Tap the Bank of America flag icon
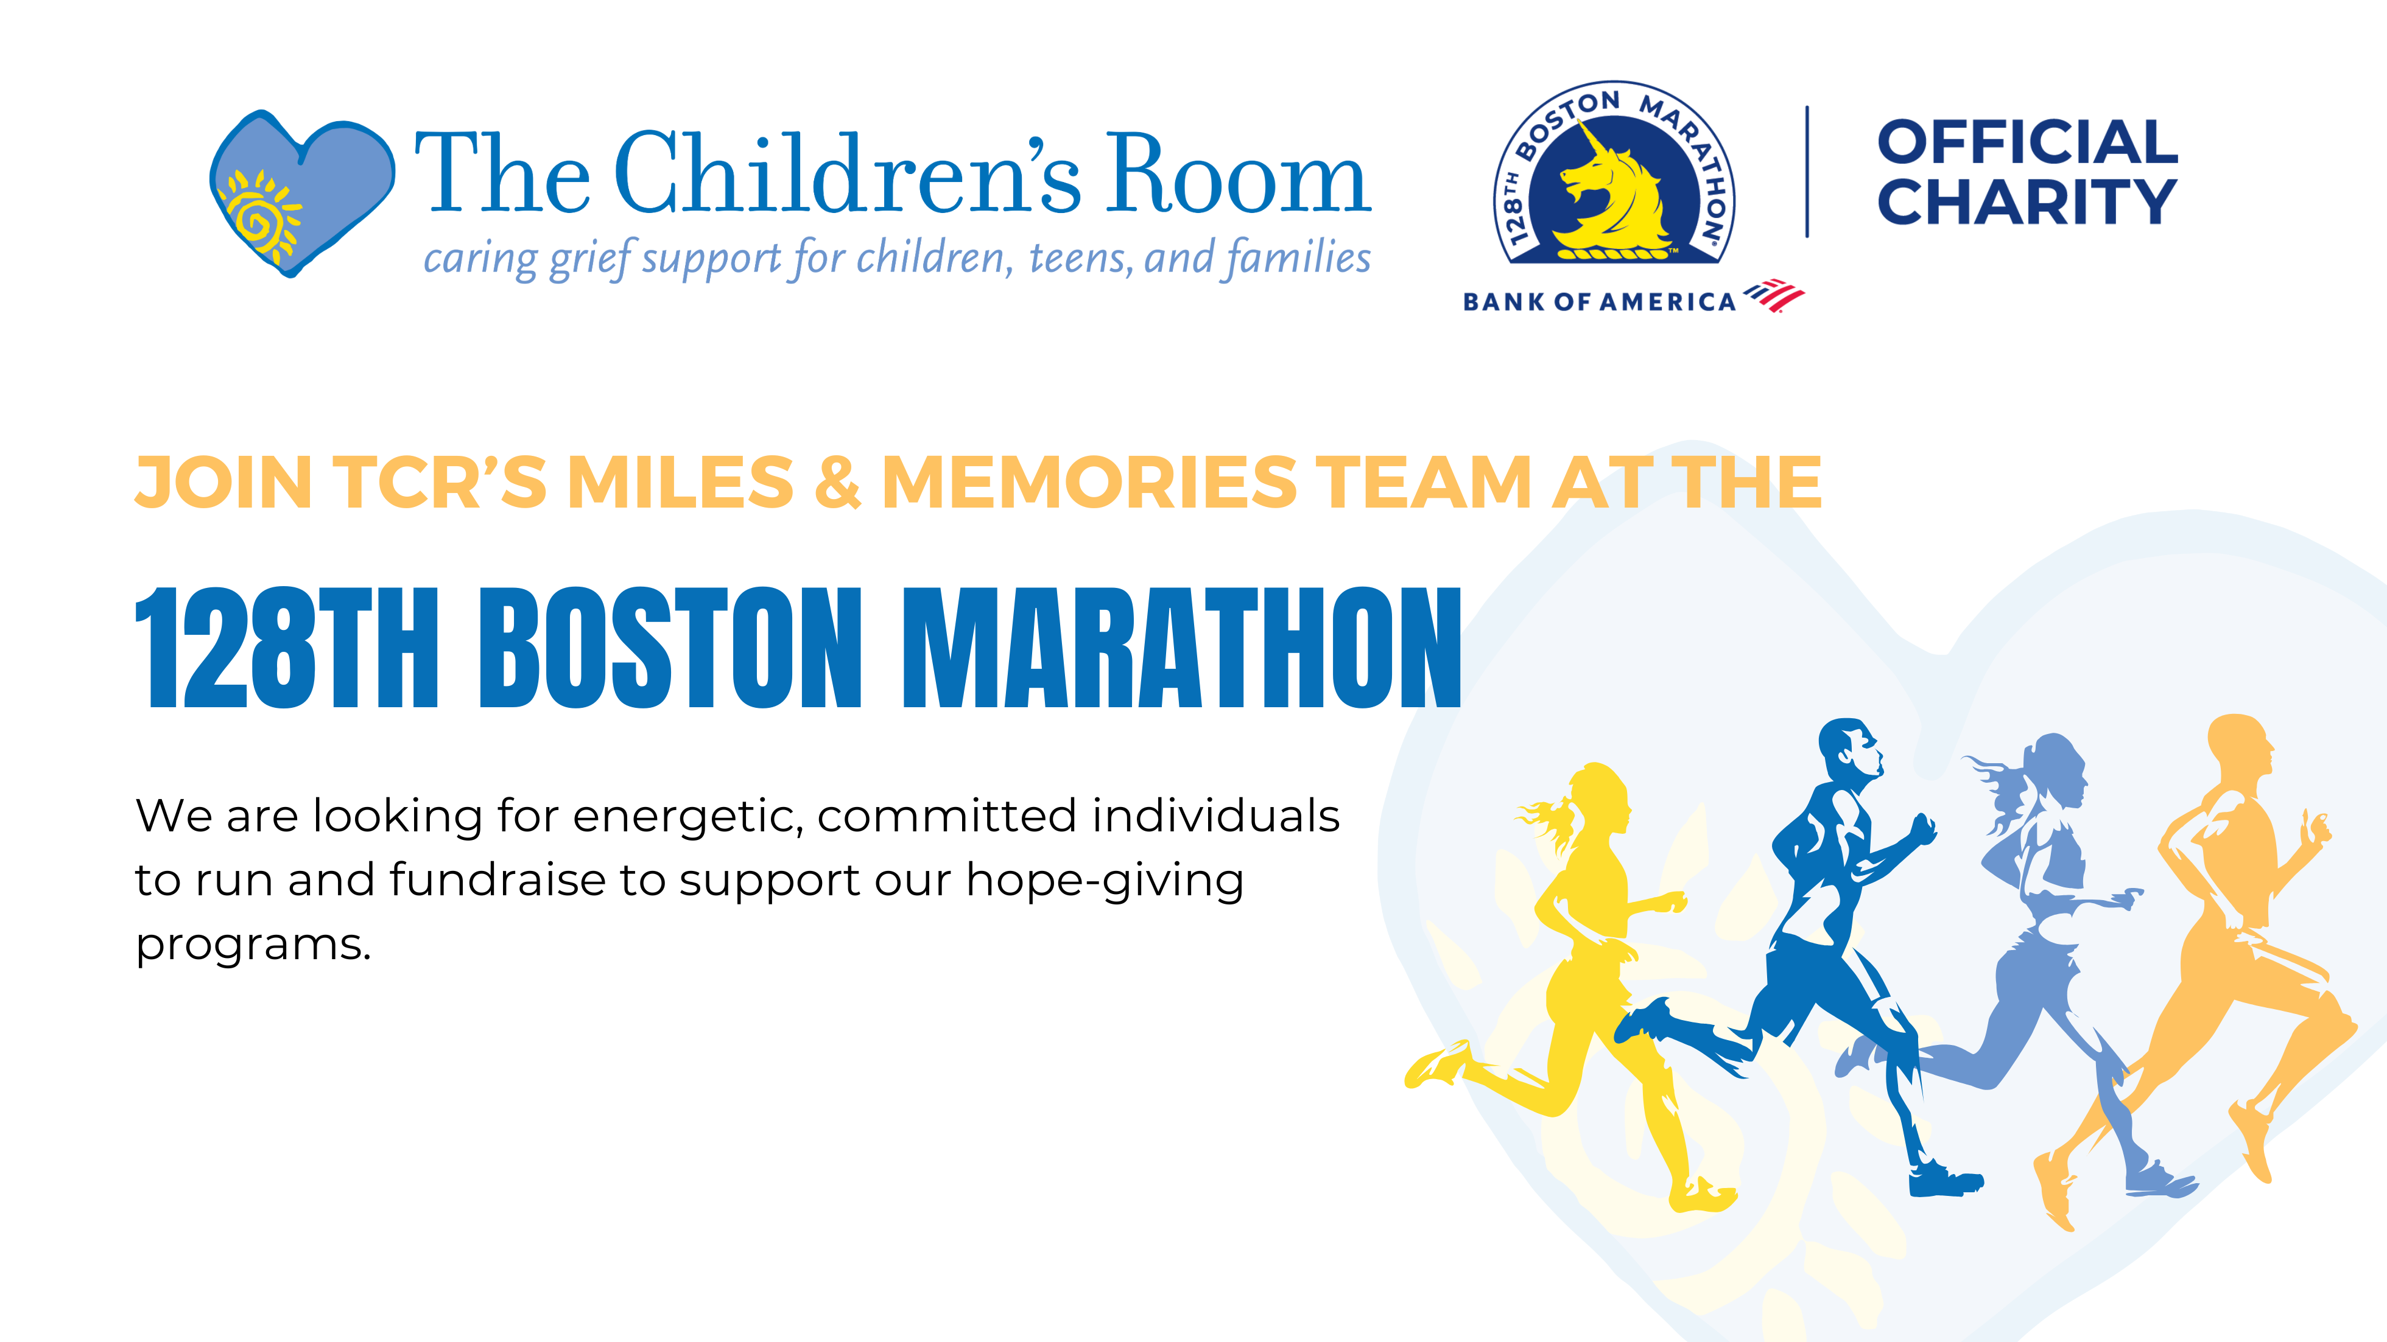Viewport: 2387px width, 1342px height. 1774,295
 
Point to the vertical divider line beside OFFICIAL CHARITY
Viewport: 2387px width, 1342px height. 1807,172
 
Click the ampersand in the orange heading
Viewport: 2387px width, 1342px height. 838,483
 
